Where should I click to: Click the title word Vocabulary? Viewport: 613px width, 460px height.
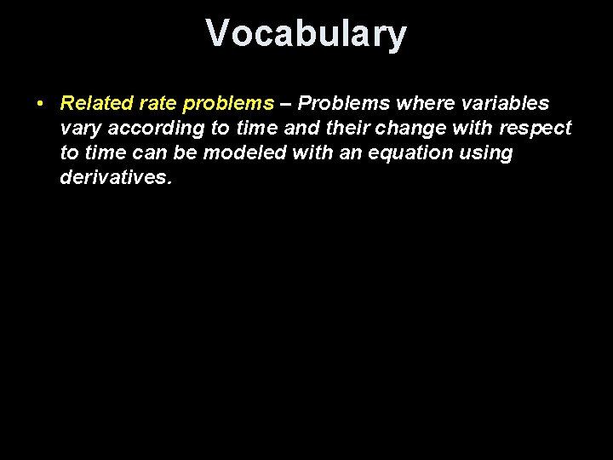[306, 34]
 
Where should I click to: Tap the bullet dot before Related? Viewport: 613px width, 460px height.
[40, 104]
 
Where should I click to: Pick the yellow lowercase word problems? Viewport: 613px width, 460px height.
[228, 105]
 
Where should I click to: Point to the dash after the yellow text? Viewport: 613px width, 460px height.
[286, 104]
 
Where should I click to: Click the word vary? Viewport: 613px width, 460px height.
[79, 129]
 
